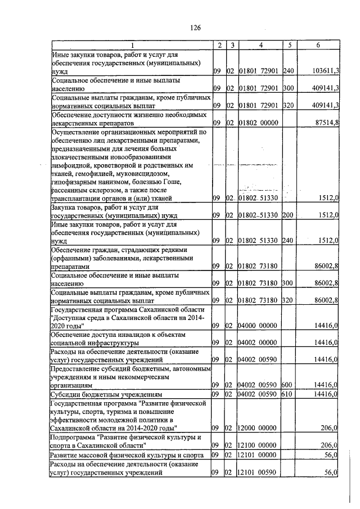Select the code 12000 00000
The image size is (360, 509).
258,429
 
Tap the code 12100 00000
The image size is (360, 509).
258,445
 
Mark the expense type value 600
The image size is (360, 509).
287,385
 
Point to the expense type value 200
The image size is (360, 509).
287,215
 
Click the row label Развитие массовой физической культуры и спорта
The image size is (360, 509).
128,455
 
